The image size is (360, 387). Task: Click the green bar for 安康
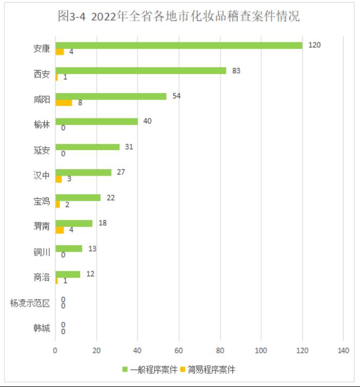point(179,46)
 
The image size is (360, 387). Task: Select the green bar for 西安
point(141,71)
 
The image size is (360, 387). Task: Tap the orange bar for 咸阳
point(64,103)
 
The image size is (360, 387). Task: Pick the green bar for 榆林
point(97,122)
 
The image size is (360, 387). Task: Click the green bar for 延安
point(87,147)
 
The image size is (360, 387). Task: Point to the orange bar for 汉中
point(59,179)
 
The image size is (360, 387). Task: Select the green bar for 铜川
point(69,248)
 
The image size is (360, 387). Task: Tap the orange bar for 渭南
point(60,230)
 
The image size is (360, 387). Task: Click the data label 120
point(314,45)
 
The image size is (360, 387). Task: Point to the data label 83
point(236,71)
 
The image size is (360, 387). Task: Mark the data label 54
point(176,96)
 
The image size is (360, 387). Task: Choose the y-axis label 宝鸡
point(41,201)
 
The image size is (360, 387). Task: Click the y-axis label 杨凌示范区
point(30,303)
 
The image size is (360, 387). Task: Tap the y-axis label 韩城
point(41,328)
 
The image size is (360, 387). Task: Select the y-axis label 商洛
point(41,278)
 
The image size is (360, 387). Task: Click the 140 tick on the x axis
point(343,351)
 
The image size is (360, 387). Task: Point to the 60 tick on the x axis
point(179,351)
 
